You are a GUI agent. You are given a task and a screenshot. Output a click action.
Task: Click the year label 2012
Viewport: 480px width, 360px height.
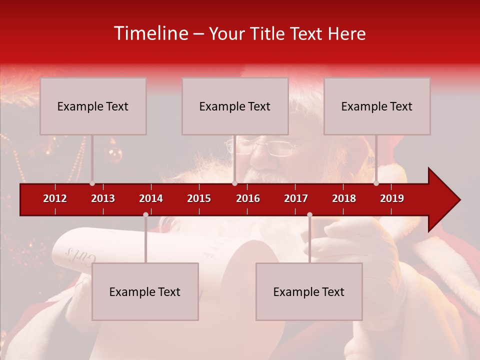pyautogui.click(x=55, y=198)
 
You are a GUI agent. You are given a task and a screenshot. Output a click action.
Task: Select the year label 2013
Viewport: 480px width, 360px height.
pyautogui.click(x=103, y=198)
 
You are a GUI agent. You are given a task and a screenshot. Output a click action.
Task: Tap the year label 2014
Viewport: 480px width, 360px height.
pyautogui.click(x=151, y=198)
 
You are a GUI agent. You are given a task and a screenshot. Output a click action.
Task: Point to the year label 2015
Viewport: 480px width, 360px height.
pyautogui.click(x=199, y=198)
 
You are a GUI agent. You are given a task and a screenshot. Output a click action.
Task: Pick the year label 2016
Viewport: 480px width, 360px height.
pyautogui.click(x=248, y=198)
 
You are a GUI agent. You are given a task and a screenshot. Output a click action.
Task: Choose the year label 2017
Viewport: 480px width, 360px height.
pyautogui.click(x=296, y=198)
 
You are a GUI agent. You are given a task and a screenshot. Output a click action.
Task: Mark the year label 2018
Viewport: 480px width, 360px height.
pyautogui.click(x=344, y=198)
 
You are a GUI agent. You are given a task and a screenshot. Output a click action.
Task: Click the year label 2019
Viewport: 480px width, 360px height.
pyautogui.click(x=392, y=198)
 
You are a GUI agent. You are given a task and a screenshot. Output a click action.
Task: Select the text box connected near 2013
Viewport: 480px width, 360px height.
pyautogui.click(x=93, y=106)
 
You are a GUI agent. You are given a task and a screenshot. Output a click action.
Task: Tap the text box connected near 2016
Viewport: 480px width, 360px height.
pyautogui.click(x=235, y=106)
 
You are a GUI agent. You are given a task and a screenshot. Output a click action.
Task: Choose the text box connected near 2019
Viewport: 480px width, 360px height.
pyautogui.click(x=377, y=106)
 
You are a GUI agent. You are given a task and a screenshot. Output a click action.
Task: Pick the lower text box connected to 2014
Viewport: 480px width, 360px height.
pyautogui.click(x=145, y=291)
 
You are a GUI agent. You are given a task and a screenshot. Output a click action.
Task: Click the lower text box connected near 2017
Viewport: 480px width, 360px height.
pyautogui.click(x=309, y=291)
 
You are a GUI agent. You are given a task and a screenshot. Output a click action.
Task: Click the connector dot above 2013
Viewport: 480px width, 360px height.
pyautogui.click(x=92, y=183)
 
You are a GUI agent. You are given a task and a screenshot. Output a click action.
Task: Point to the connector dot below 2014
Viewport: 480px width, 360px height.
pyautogui.click(x=145, y=215)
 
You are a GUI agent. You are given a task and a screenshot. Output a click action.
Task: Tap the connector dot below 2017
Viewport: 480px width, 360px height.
pyautogui.click(x=309, y=215)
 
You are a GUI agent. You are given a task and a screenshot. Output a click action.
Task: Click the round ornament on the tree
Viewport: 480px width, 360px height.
pyautogui.click(x=114, y=154)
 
